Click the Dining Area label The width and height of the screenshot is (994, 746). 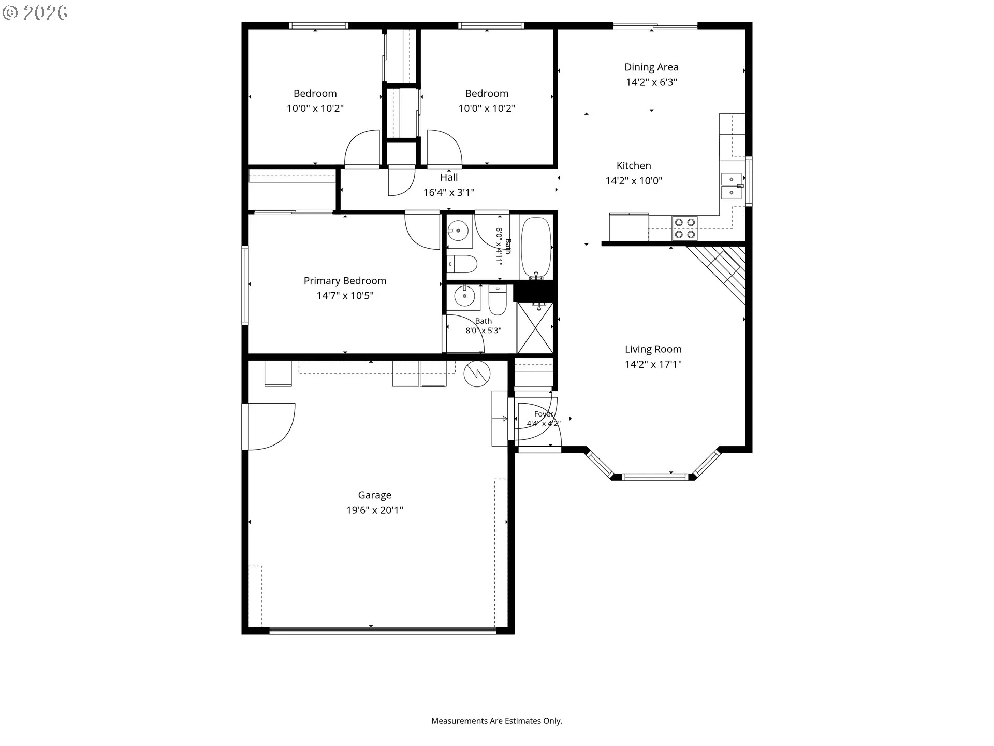[x=651, y=67]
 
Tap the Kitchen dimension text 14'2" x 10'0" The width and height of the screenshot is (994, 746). [x=634, y=181]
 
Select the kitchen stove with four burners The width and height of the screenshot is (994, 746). [x=685, y=228]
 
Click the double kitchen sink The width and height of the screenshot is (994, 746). [x=732, y=186]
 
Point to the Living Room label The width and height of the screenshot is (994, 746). [x=653, y=350]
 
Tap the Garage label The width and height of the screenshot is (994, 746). [x=374, y=495]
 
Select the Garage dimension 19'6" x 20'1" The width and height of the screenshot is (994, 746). [x=374, y=510]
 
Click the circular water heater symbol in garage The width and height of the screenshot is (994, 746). [x=477, y=374]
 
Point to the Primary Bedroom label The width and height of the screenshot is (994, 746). [x=345, y=281]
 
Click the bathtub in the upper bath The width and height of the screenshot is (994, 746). [x=536, y=248]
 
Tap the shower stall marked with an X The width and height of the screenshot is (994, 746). [x=535, y=328]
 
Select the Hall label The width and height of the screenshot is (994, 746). [x=449, y=177]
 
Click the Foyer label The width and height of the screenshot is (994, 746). [x=544, y=414]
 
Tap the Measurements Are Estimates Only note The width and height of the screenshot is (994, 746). [x=496, y=721]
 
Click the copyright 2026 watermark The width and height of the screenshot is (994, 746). [x=35, y=13]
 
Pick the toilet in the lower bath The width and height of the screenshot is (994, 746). [x=497, y=300]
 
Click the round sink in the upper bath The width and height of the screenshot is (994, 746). [x=458, y=230]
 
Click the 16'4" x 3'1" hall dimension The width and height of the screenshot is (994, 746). [x=449, y=193]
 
